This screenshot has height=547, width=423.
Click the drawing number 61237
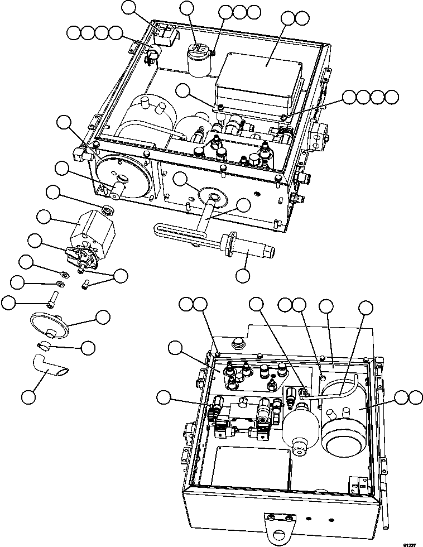point(410,542)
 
